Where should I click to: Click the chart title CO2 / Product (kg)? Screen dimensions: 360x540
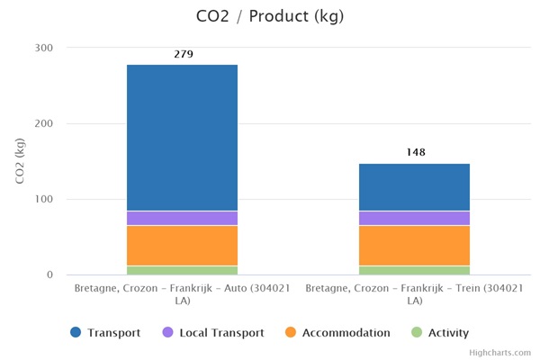pyautogui.click(x=269, y=16)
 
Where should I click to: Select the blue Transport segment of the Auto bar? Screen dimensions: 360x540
pyautogui.click(x=182, y=138)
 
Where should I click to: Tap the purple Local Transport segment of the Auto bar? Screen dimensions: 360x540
pyautogui.click(x=182, y=218)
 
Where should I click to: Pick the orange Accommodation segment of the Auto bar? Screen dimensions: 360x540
pyautogui.click(x=182, y=245)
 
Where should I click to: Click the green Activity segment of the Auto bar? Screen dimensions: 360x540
pyautogui.click(x=182, y=270)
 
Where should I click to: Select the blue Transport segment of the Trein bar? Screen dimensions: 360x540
pyautogui.click(x=414, y=187)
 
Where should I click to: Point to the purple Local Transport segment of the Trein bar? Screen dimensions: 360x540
pyautogui.click(x=414, y=218)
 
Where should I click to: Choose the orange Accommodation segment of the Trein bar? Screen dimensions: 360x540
pyautogui.click(x=414, y=245)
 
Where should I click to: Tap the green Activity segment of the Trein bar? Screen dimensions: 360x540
pyautogui.click(x=414, y=270)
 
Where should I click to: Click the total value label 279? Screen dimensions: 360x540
pyautogui.click(x=183, y=54)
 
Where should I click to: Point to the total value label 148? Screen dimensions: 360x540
pyautogui.click(x=415, y=153)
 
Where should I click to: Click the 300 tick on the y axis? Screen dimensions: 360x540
pyautogui.click(x=44, y=48)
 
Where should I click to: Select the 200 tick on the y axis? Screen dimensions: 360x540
pyautogui.click(x=44, y=123)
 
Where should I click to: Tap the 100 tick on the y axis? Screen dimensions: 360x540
pyautogui.click(x=44, y=199)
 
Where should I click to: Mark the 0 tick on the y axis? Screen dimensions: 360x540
pyautogui.click(x=49, y=274)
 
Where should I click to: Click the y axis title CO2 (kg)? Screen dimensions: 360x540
pyautogui.click(x=21, y=161)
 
